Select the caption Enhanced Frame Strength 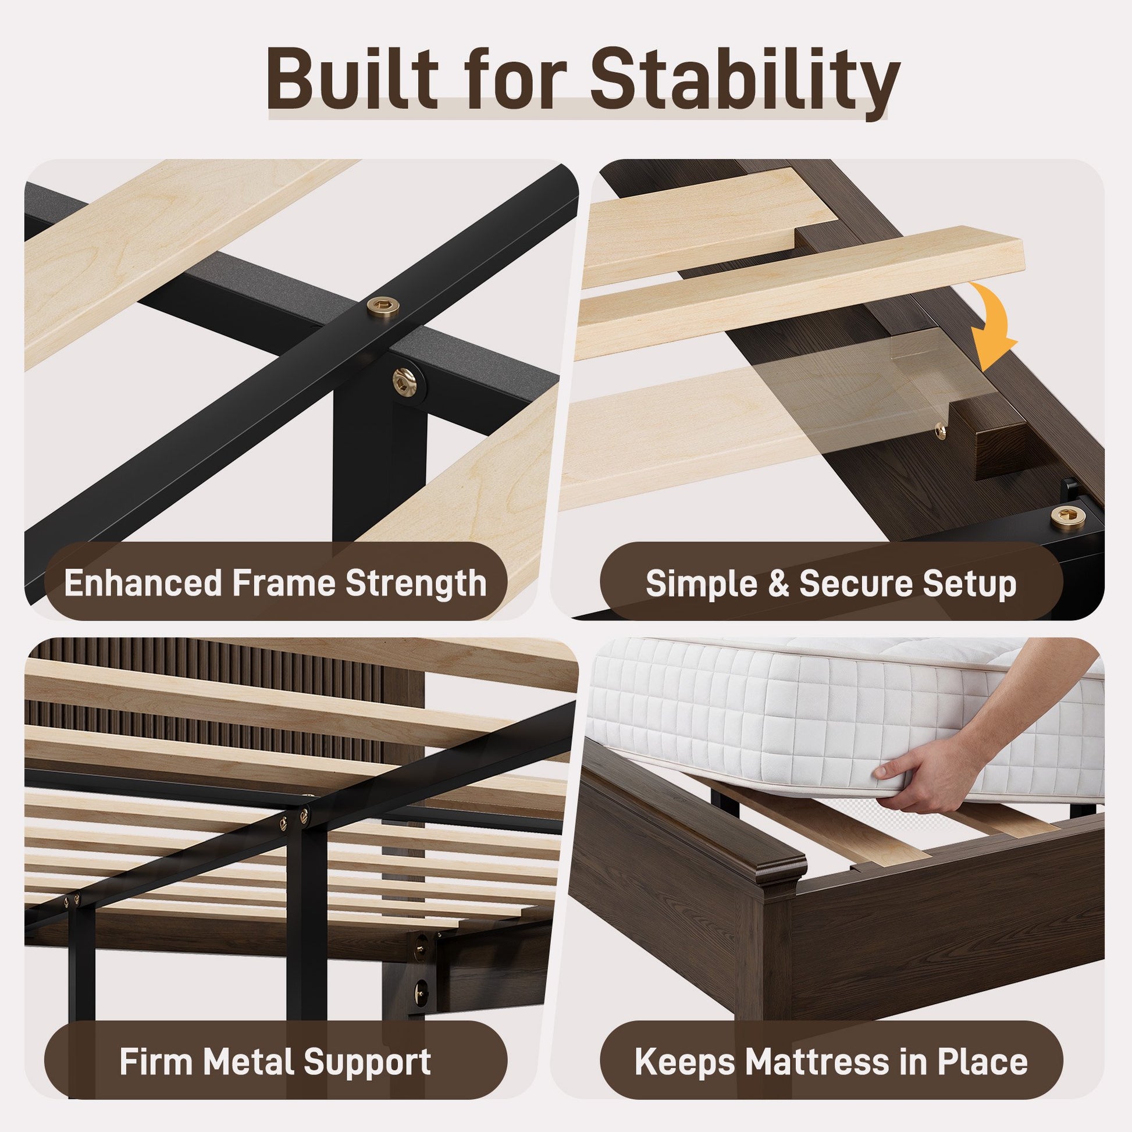[275, 582]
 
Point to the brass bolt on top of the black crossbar [383, 305]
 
